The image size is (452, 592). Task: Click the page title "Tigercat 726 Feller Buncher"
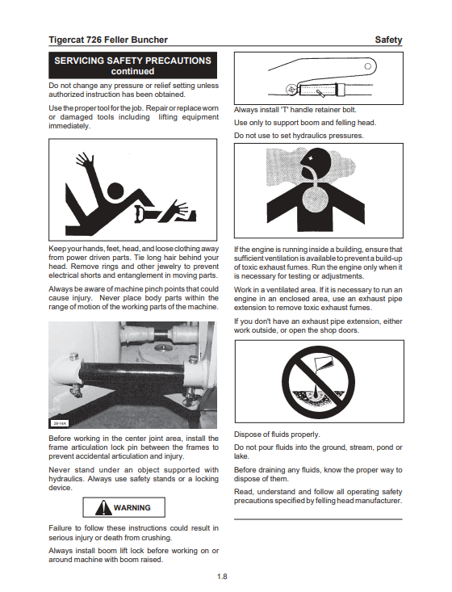click(108, 40)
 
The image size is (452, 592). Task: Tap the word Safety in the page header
click(388, 40)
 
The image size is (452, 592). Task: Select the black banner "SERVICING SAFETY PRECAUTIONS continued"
click(133, 65)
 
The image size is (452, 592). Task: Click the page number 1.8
click(222, 577)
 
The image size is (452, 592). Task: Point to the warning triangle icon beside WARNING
click(103, 507)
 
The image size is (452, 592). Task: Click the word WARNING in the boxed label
click(132, 508)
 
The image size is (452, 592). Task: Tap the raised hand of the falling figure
click(84, 159)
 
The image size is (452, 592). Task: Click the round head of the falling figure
click(115, 191)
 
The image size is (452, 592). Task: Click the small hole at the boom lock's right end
click(368, 66)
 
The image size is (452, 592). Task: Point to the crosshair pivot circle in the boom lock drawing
click(291, 90)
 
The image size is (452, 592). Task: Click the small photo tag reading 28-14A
click(60, 423)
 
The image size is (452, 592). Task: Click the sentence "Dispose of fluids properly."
click(277, 435)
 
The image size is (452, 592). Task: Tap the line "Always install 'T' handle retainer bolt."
click(295, 110)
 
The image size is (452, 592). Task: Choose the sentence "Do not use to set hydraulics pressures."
click(299, 136)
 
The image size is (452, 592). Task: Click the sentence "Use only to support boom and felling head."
click(305, 123)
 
